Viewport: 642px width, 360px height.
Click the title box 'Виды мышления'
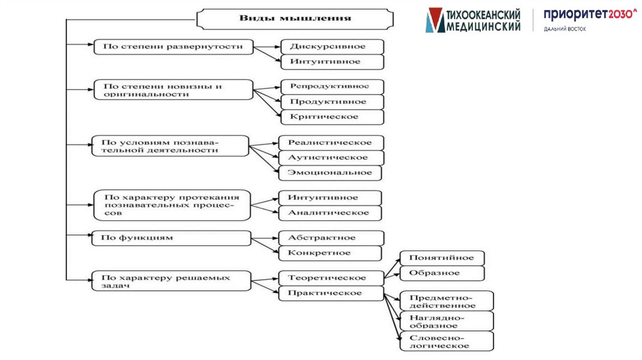[x=295, y=18]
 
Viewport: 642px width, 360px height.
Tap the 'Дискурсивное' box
[x=332, y=46]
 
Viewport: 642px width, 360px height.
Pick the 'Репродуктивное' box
[x=332, y=87]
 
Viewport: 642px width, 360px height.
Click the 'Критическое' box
[x=332, y=117]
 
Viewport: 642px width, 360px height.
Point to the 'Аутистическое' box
[x=331, y=157]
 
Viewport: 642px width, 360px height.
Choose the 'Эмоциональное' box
[x=330, y=172]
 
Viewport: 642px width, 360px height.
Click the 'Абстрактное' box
[x=330, y=238]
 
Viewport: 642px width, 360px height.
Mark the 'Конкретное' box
[x=330, y=253]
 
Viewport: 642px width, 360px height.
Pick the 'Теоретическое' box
[x=330, y=277]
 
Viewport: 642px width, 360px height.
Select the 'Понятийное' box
[x=442, y=258]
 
